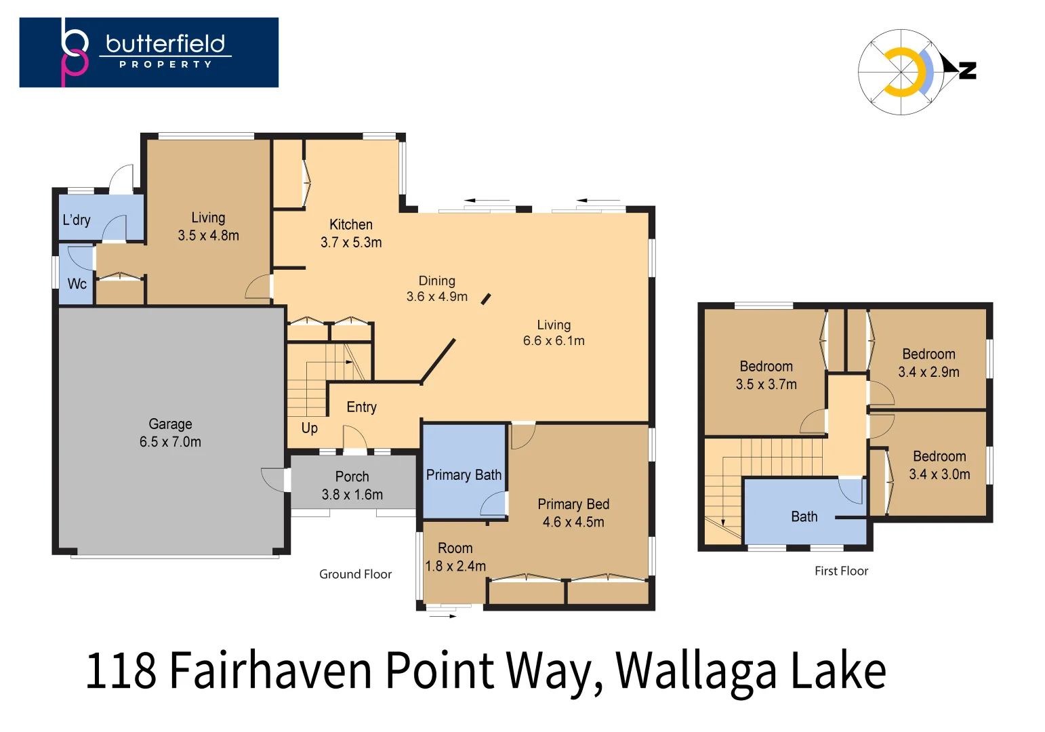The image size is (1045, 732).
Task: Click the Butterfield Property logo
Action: (148, 52)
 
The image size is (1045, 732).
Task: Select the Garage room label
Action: (170, 424)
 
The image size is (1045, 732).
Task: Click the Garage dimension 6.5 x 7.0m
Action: (170, 442)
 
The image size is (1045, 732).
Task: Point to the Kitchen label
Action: (350, 224)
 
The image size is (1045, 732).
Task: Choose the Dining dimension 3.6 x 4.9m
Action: (436, 297)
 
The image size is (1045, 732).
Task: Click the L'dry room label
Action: (77, 220)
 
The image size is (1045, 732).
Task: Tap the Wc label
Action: (77, 283)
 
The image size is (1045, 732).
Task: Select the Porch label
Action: (352, 476)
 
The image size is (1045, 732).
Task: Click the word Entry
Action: (361, 407)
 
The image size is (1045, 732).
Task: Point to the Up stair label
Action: (309, 428)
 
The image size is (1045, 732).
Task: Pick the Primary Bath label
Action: (464, 475)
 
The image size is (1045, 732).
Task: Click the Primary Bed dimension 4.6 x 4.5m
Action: (573, 522)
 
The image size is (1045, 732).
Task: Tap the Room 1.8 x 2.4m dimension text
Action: (455, 566)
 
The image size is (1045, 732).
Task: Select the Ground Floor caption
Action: (355, 574)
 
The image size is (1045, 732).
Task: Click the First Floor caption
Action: (841, 571)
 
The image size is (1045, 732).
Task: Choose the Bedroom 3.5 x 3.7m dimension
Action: (766, 384)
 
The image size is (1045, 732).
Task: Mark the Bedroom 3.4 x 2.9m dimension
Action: (928, 372)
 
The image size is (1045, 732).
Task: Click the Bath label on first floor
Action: (804, 516)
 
